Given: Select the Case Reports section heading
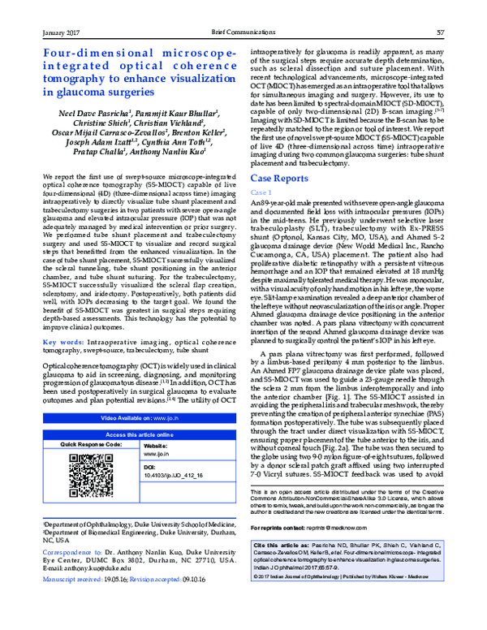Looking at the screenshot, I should pyautogui.click(x=279, y=177).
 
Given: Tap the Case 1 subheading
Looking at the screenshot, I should pyautogui.click(x=261, y=192).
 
